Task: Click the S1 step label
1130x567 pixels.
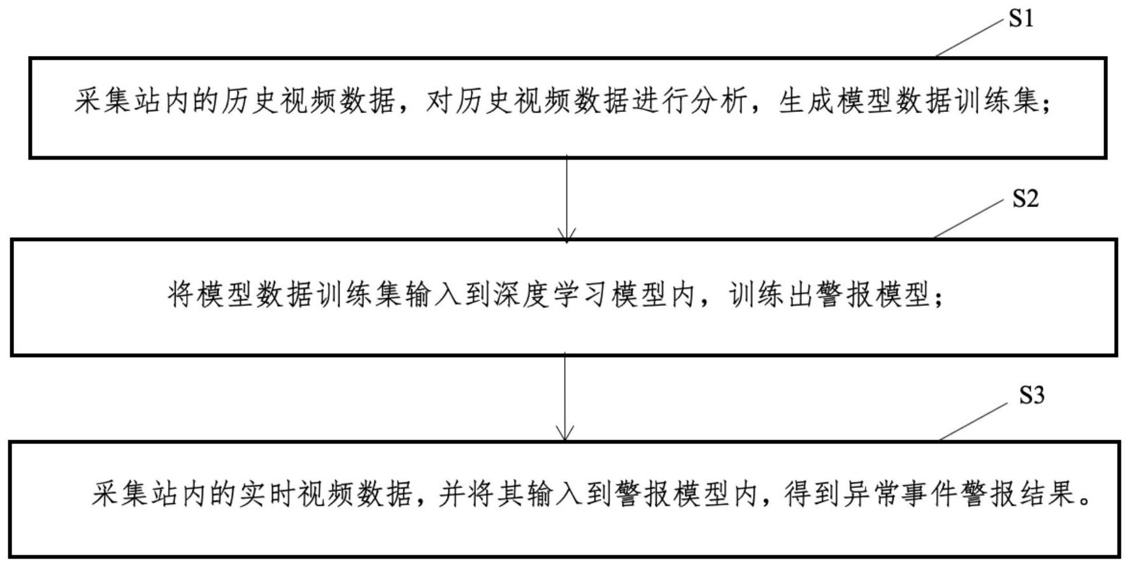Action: point(1021,18)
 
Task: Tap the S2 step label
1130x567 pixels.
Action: point(1026,199)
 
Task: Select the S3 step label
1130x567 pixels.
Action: point(1032,395)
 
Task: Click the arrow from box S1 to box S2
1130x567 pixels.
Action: point(566,199)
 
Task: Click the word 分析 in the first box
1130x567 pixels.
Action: point(718,101)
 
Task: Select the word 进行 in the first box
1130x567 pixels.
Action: point(659,101)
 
